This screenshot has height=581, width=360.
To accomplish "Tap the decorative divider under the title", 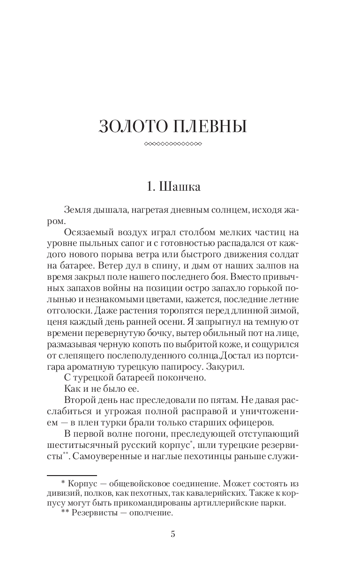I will pos(173,144).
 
